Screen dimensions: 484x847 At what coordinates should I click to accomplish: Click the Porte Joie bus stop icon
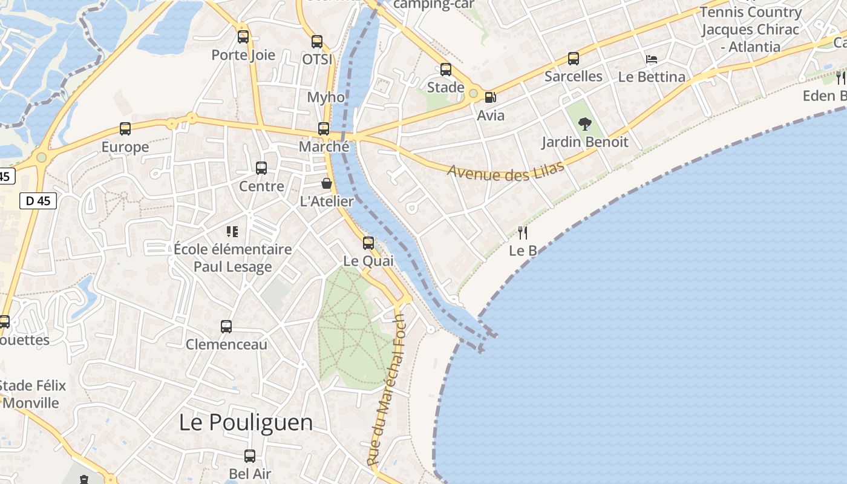[243, 37]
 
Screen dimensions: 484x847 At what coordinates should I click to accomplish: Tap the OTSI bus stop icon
[317, 42]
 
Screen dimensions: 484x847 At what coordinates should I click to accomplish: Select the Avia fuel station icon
[490, 97]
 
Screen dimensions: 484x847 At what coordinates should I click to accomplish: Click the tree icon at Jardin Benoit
[584, 125]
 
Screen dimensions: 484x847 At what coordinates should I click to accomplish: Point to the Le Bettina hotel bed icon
[652, 59]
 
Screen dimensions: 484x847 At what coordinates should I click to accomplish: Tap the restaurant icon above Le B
[523, 233]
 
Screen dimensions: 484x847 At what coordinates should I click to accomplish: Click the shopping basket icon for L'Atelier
[327, 183]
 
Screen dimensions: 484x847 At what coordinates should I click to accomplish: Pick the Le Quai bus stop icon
[368, 243]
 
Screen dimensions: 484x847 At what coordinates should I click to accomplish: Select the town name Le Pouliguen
[246, 422]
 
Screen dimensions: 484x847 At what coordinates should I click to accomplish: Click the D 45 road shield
[38, 201]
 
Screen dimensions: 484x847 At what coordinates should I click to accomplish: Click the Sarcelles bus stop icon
[573, 59]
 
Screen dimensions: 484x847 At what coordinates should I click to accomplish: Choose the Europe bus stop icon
[125, 129]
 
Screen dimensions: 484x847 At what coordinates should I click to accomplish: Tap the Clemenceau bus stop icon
[226, 327]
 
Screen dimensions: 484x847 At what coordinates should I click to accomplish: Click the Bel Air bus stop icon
[250, 456]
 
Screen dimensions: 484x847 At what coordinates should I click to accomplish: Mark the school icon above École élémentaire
[232, 231]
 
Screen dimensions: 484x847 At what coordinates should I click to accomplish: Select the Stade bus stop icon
[446, 70]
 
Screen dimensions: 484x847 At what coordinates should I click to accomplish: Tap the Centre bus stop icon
[261, 168]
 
